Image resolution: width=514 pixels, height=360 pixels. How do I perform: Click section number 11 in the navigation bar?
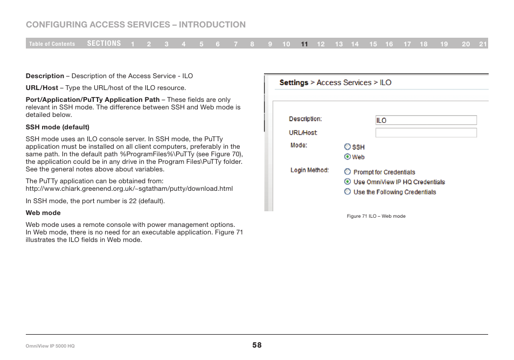pyautogui.click(x=304, y=44)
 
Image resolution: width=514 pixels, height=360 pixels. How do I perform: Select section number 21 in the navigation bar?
pyautogui.click(x=483, y=44)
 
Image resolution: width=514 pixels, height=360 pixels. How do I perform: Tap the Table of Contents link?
pyautogui.click(x=52, y=44)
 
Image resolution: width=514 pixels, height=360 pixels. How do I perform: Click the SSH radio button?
pyautogui.click(x=348, y=147)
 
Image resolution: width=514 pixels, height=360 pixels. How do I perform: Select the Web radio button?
pyautogui.click(x=348, y=157)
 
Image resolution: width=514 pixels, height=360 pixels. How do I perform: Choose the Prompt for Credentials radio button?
pyautogui.click(x=348, y=172)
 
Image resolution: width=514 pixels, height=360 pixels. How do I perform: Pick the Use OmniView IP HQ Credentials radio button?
pyautogui.click(x=348, y=182)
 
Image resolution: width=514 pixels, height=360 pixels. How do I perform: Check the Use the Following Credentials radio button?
pyautogui.click(x=348, y=191)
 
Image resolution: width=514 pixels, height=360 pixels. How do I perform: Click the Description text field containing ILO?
pyautogui.click(x=426, y=120)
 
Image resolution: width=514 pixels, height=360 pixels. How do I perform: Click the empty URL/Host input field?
pyautogui.click(x=426, y=133)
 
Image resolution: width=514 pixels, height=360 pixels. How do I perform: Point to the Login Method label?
pyautogui.click(x=309, y=170)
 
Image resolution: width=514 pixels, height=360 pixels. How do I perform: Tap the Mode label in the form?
pyautogui.click(x=298, y=146)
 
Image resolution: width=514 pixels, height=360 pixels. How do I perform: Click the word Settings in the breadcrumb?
pyautogui.click(x=294, y=82)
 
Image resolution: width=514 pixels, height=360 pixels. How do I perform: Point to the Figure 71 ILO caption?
pyautogui.click(x=376, y=216)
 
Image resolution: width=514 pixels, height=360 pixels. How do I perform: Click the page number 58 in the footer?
pyautogui.click(x=257, y=345)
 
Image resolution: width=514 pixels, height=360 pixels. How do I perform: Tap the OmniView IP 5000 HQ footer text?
pyautogui.click(x=51, y=345)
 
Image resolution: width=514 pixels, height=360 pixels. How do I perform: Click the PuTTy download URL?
pyautogui.click(x=129, y=189)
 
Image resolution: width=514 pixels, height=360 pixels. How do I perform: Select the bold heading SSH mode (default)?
pyautogui.click(x=58, y=127)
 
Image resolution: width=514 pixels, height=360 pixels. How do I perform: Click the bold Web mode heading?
pyautogui.click(x=43, y=213)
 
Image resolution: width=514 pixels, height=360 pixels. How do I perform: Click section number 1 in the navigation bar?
pyautogui.click(x=133, y=44)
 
